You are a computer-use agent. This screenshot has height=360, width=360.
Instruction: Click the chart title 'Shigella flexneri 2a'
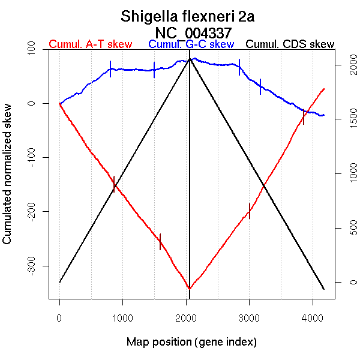click(x=188, y=16)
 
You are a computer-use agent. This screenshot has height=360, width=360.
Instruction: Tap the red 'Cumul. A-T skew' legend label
click(x=90, y=44)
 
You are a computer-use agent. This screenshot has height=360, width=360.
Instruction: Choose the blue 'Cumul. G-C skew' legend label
click(x=191, y=44)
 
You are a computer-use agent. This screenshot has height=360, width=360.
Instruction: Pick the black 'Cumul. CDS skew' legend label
click(x=290, y=44)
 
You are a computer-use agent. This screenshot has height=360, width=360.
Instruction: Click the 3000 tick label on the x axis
click(x=249, y=319)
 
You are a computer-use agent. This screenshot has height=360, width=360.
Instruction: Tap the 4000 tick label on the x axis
click(x=312, y=319)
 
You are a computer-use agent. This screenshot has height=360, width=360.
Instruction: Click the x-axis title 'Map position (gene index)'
click(x=191, y=342)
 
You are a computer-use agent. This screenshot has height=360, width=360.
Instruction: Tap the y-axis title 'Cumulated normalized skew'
click(x=8, y=180)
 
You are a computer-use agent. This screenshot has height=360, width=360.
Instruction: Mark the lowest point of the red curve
click(x=190, y=289)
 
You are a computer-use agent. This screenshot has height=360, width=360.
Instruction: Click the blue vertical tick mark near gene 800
click(x=110, y=69)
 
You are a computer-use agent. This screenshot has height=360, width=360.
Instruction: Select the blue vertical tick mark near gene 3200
click(x=260, y=86)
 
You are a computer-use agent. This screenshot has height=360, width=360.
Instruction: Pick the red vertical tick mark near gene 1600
click(x=160, y=241)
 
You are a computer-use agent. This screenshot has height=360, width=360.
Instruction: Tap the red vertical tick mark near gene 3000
click(x=250, y=211)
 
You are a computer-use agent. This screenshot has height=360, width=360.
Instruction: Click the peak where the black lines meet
click(x=190, y=58)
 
